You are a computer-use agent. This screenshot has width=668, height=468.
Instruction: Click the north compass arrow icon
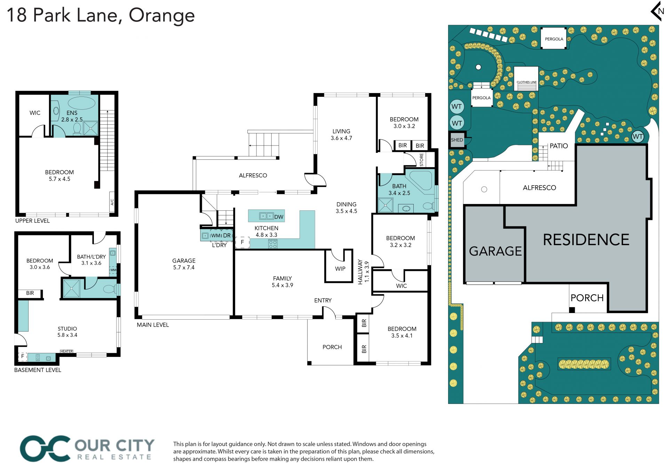657,11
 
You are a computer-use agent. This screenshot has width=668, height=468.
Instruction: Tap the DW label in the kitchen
279,217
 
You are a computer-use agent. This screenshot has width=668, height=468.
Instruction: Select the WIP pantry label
340,269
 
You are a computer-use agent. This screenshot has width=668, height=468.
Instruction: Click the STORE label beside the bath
421,160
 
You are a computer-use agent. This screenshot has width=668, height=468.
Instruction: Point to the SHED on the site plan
457,140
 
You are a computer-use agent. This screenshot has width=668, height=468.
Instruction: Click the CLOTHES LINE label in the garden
526,82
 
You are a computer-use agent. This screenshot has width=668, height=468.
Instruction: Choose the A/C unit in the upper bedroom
112,202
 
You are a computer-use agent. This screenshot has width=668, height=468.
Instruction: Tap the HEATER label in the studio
66,351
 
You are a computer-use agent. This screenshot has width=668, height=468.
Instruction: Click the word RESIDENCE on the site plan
586,240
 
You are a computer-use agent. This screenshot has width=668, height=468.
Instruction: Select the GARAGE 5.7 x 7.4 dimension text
184,267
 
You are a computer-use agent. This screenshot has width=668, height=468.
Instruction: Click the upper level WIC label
35,113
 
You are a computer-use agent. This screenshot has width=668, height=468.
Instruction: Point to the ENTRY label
323,300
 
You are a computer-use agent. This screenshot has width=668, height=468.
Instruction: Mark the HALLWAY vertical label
360,272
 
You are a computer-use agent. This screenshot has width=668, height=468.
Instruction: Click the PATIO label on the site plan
559,146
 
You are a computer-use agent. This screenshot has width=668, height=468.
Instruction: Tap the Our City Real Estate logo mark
45,449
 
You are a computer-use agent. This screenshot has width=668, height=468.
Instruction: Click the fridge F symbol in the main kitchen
242,242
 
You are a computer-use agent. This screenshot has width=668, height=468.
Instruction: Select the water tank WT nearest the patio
638,136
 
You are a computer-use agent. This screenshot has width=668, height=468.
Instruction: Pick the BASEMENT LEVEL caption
38,370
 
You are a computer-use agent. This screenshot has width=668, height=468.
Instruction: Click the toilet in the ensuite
77,128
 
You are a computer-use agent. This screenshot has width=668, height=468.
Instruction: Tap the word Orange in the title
162,15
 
